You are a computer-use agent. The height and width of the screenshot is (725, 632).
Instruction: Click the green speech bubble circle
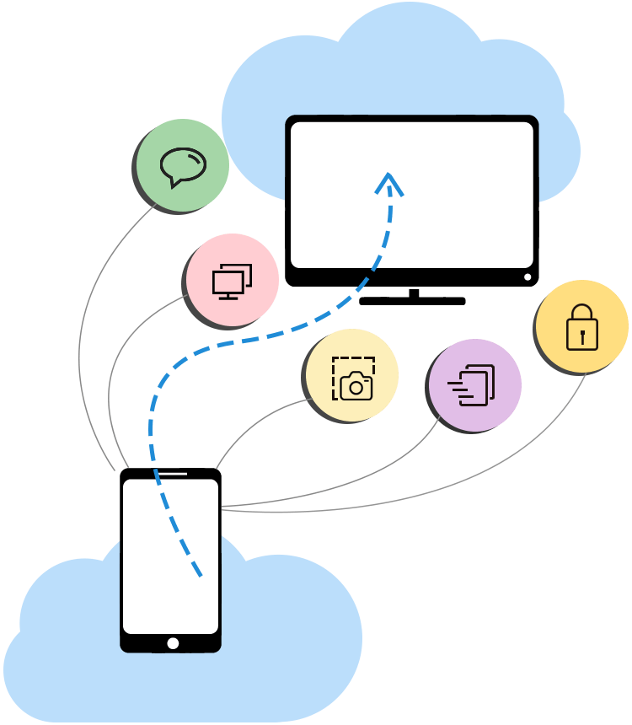click(x=182, y=165)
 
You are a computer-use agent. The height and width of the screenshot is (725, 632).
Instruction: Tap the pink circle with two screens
click(x=232, y=280)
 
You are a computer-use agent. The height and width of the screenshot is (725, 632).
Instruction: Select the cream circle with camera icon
click(x=352, y=375)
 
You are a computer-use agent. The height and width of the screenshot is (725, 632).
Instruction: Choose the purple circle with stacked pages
click(x=474, y=385)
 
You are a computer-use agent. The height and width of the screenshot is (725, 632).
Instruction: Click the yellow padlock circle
click(x=581, y=326)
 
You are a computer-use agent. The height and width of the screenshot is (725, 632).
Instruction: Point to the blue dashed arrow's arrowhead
click(x=388, y=181)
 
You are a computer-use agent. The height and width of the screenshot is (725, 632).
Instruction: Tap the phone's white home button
click(x=173, y=643)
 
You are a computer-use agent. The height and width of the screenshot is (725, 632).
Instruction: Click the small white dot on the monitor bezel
click(x=528, y=277)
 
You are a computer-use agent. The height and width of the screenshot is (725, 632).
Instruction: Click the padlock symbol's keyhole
click(x=581, y=335)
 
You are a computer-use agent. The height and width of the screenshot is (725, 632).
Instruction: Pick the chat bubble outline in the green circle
click(x=183, y=166)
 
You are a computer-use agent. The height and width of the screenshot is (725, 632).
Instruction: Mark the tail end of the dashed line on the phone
click(x=200, y=575)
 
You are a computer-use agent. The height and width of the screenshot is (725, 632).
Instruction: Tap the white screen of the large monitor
click(x=455, y=194)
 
